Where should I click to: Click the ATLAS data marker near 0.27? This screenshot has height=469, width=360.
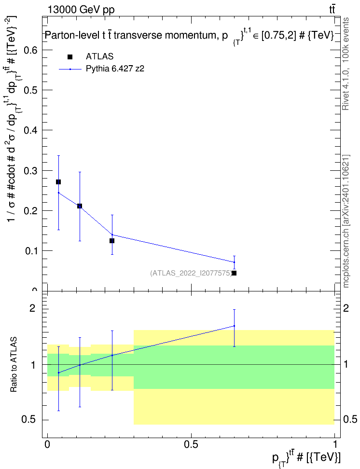[x=58, y=182]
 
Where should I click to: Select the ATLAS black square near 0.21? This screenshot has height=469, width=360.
[x=80, y=206]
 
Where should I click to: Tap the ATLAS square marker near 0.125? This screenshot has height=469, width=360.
[x=112, y=241]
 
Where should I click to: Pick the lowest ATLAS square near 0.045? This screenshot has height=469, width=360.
[x=234, y=273]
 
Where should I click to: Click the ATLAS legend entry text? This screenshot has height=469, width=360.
[x=99, y=56]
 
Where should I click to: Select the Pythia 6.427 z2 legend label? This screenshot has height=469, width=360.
[x=115, y=69]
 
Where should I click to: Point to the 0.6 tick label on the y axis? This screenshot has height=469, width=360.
[x=31, y=50]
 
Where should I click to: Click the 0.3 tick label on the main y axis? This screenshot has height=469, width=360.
[x=31, y=171]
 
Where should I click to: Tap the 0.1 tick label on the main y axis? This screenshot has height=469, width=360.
[x=31, y=251]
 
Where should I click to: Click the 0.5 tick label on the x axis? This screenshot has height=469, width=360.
[x=191, y=444]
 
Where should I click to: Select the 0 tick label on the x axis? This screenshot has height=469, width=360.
[x=47, y=444]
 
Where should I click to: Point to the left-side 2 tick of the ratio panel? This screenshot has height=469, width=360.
[x=32, y=308]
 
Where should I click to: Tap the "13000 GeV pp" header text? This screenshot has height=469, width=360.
[x=81, y=10]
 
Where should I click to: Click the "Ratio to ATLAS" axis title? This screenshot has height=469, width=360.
[x=14, y=364]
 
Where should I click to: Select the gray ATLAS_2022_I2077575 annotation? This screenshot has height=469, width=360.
[x=191, y=273]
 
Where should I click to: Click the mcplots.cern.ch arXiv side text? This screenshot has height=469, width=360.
[x=346, y=221]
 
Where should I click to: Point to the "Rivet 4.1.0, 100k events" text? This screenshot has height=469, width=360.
[x=346, y=64]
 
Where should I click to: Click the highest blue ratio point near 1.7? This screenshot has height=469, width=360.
[x=234, y=326]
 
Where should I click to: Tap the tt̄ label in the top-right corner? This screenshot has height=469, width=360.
[x=332, y=10]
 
